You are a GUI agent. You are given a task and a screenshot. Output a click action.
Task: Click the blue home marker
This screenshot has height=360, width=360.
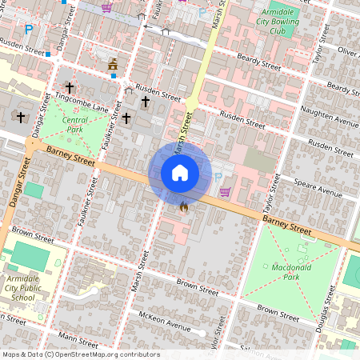click(180, 173)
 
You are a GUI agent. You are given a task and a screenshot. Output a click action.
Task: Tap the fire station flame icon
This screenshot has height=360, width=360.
click(184, 207)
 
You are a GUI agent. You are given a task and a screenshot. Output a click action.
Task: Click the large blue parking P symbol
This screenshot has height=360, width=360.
click(29, 30)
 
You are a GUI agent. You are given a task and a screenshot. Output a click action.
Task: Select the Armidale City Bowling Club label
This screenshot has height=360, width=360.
click(278, 22)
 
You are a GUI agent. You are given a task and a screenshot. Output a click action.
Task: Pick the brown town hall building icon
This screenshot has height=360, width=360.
click(113, 63)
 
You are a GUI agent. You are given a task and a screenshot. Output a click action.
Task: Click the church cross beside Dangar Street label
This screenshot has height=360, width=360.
click(21, 117)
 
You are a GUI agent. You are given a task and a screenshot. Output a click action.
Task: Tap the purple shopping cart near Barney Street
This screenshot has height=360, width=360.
click(225, 191)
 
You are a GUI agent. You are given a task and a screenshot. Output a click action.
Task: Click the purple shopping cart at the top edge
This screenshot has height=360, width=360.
click(106, 7)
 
